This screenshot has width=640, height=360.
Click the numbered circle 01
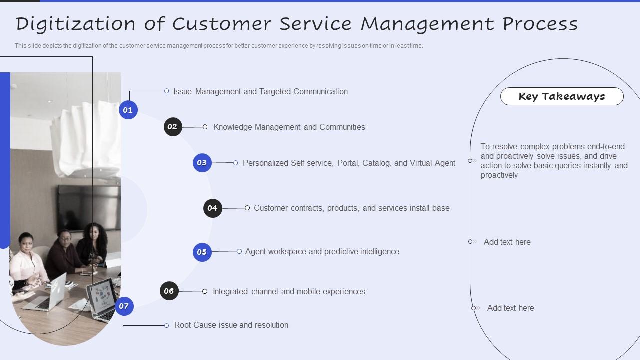tap(128, 110)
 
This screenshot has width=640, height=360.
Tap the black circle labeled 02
tap(173, 127)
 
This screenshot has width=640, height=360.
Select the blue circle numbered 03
tap(202, 163)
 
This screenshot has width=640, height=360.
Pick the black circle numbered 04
tap(212, 208)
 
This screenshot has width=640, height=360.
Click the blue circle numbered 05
tap(202, 252)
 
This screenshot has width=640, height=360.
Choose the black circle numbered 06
tap(169, 291)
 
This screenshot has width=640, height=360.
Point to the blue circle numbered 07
tap(124, 306)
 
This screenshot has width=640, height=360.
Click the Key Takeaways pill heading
tap(562, 96)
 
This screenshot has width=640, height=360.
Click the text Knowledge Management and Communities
tap(289, 127)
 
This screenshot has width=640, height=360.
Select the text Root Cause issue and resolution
tap(231, 325)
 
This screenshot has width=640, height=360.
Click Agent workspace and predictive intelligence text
tap(322, 251)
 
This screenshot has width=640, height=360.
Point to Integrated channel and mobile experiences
tap(289, 291)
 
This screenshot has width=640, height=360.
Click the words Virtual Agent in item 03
tap(432, 163)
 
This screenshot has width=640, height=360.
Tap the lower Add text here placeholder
tap(510, 308)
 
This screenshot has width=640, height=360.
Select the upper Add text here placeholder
tap(507, 242)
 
